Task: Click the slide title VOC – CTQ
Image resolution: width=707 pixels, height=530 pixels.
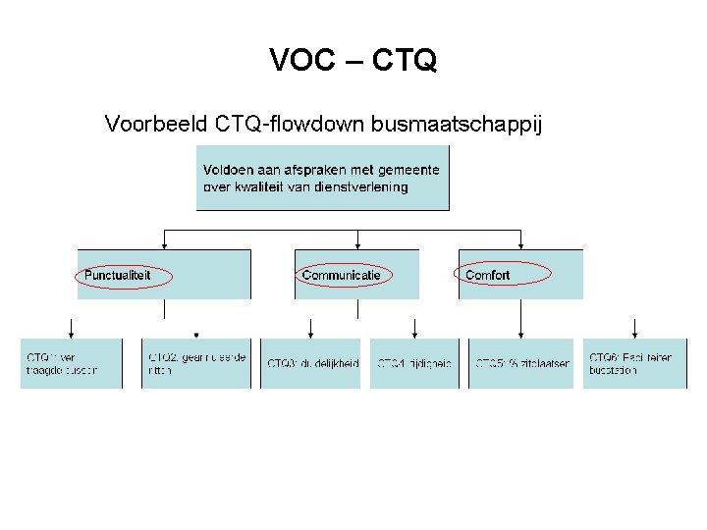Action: click(353, 61)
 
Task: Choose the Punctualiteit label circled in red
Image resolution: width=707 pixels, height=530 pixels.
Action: click(119, 276)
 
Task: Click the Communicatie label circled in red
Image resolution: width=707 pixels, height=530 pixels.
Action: click(342, 276)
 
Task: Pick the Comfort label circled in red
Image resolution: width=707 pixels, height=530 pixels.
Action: click(488, 276)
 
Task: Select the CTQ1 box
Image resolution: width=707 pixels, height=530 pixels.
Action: click(72, 363)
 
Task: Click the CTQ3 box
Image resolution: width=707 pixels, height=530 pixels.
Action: click(311, 363)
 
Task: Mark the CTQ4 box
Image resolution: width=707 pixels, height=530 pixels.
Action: click(414, 363)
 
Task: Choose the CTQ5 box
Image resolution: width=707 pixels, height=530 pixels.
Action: click(520, 363)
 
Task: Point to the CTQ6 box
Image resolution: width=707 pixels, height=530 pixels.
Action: click(634, 363)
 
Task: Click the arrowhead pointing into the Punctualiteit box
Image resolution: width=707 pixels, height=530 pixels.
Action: click(164, 245)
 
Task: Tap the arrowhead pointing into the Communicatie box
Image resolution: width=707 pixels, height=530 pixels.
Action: click(357, 245)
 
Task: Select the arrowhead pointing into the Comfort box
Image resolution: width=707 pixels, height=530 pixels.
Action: click(520, 245)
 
